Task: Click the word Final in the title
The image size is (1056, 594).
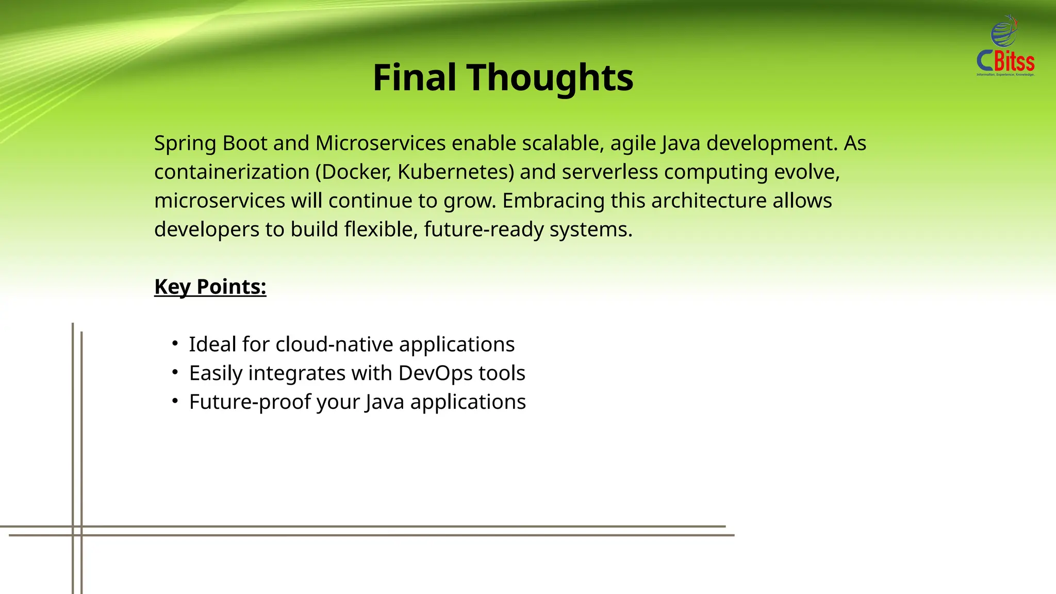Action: tap(415, 78)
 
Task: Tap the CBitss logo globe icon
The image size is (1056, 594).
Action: tap(1003, 32)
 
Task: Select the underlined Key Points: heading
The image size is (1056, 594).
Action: tap(210, 287)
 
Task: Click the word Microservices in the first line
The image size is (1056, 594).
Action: tap(381, 143)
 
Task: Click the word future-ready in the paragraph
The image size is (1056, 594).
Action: tap(484, 229)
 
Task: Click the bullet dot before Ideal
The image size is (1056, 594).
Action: tap(175, 343)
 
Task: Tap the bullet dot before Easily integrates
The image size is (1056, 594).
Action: tap(175, 372)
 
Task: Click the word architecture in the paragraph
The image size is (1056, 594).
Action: tap(709, 201)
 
